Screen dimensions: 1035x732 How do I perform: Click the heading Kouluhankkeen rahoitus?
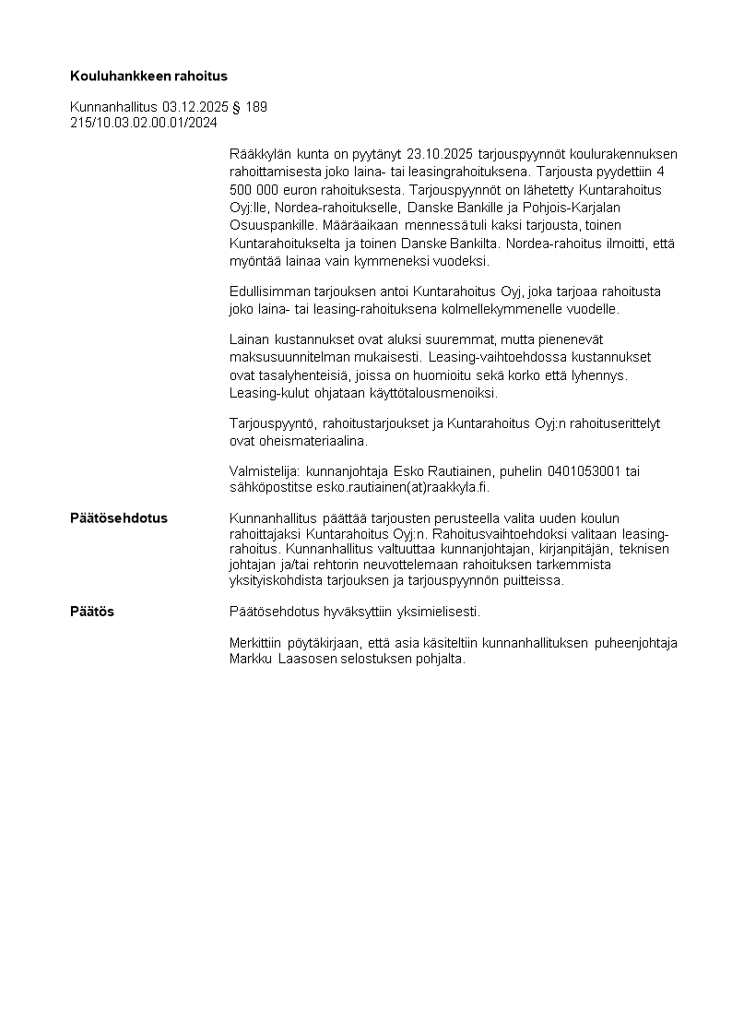coord(148,76)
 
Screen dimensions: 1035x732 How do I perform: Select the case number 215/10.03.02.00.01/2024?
coord(144,123)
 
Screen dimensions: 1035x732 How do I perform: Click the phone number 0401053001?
coord(585,471)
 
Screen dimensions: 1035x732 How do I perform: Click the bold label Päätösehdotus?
coord(119,518)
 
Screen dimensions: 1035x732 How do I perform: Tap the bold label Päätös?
coord(92,612)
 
